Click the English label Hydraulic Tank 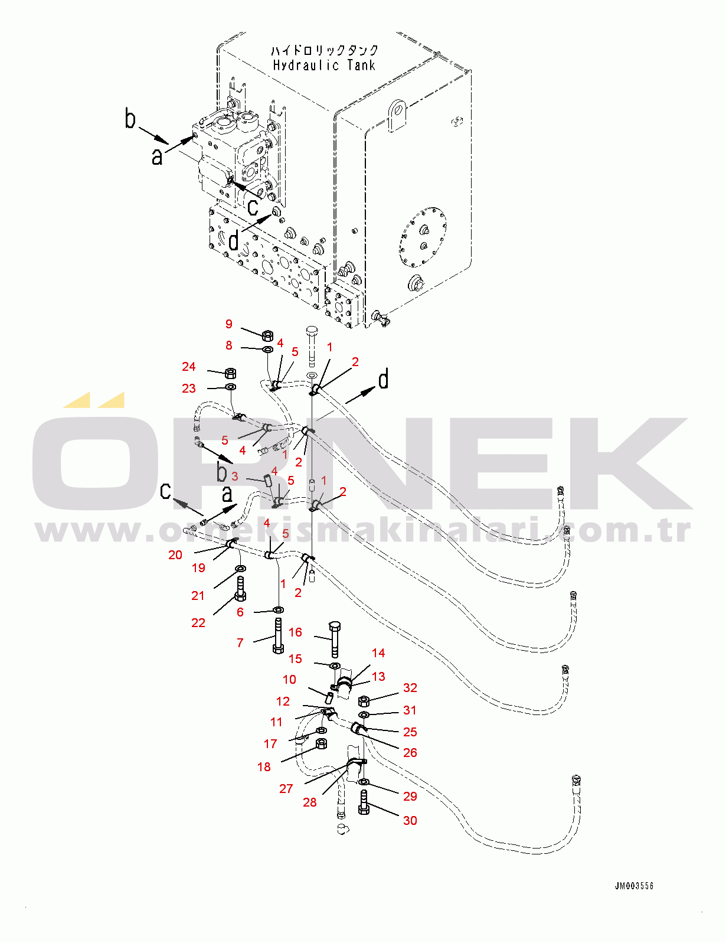(x=324, y=66)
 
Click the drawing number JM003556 (x=634, y=886)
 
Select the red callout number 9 (x=229, y=324)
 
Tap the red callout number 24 (x=188, y=367)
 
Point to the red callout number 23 (x=188, y=389)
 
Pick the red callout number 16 (x=295, y=632)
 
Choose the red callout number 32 (x=410, y=688)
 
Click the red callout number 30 (x=410, y=820)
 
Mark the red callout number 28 (x=310, y=802)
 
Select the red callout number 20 (x=175, y=555)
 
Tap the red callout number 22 (x=198, y=623)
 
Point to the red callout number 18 (x=264, y=767)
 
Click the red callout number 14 (x=378, y=653)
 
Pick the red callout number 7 (x=240, y=643)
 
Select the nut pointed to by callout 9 (x=267, y=335)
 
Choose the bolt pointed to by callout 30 (x=364, y=803)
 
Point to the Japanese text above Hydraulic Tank (x=324, y=50)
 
